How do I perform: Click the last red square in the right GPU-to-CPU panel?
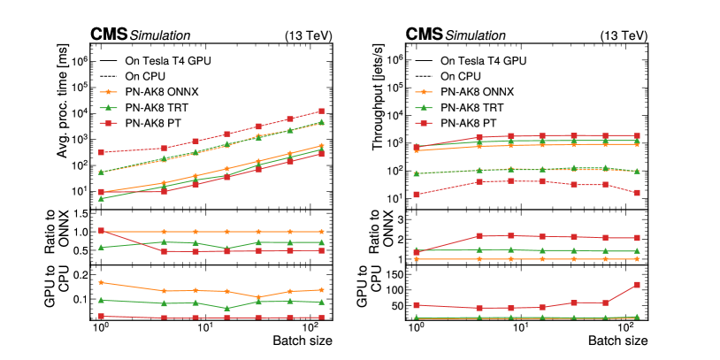coord(636,285)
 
